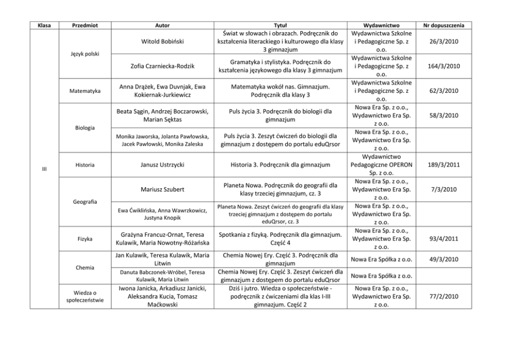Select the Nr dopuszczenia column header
pyautogui.click(x=444, y=25)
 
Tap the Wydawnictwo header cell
pyautogui.click(x=381, y=25)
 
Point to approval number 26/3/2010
pyautogui.click(x=444, y=42)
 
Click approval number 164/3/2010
pyautogui.click(x=444, y=66)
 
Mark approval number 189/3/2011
pyautogui.click(x=444, y=165)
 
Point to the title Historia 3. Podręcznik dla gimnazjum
pyautogui.click(x=280, y=165)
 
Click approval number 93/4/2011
pyautogui.click(x=444, y=239)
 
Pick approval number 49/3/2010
pyautogui.click(x=444, y=259)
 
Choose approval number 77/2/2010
pyautogui.click(x=444, y=296)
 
